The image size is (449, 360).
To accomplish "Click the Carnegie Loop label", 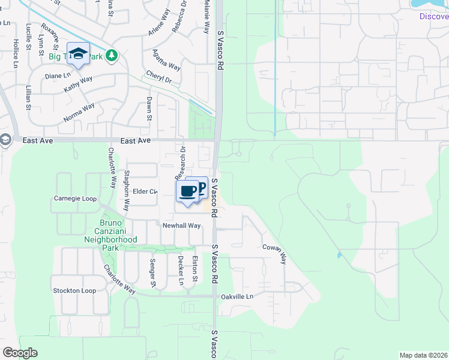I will pyautogui.click(x=75, y=198).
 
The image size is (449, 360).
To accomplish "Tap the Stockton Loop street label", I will pyautogui.click(x=74, y=290).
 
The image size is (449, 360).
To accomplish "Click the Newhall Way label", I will pyautogui.click(x=181, y=226).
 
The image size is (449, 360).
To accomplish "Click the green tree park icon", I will pyautogui.click(x=111, y=56).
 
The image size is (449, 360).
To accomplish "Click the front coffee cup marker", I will pyautogui.click(x=187, y=192).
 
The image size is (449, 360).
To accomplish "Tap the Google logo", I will pyautogui.click(x=20, y=353).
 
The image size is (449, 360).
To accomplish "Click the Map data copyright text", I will pyautogui.click(x=423, y=355).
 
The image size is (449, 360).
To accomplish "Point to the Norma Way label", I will pyautogui.click(x=79, y=113).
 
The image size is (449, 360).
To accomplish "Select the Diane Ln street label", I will pyautogui.click(x=58, y=76).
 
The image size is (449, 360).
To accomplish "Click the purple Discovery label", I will pyautogui.click(x=433, y=16).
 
